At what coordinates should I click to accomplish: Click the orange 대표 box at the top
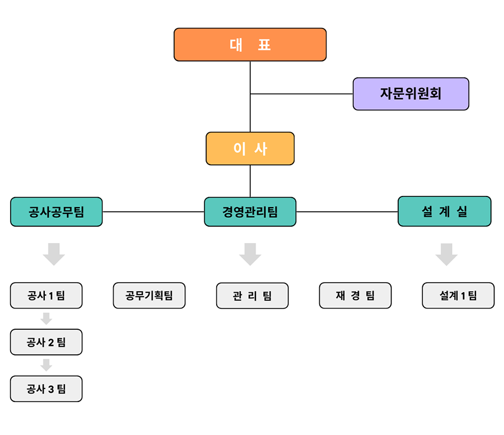[250, 44]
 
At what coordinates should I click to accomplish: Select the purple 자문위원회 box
[410, 93]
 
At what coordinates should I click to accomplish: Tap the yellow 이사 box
[250, 148]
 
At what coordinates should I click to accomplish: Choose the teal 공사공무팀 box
[56, 212]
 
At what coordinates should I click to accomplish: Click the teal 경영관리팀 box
[250, 212]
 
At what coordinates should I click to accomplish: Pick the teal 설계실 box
[444, 211]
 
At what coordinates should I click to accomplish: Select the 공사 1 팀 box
[46, 296]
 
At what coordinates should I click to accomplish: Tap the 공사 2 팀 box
[46, 342]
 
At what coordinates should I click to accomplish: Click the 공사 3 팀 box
[46, 389]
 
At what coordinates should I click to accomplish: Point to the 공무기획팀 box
[149, 296]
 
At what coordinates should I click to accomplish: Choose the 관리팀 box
[252, 296]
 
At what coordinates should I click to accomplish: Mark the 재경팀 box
[355, 296]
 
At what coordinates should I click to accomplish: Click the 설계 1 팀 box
[458, 296]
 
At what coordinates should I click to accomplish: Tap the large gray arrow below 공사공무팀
[54, 254]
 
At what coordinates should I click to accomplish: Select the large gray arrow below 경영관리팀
[250, 254]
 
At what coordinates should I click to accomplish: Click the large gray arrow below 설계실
[446, 254]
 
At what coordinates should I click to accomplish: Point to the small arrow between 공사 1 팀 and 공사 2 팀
[46, 319]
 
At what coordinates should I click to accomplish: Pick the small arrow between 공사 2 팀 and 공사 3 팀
[46, 365]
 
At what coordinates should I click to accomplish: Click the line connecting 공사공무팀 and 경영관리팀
[153, 212]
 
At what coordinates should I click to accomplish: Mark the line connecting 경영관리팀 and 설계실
[347, 212]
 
